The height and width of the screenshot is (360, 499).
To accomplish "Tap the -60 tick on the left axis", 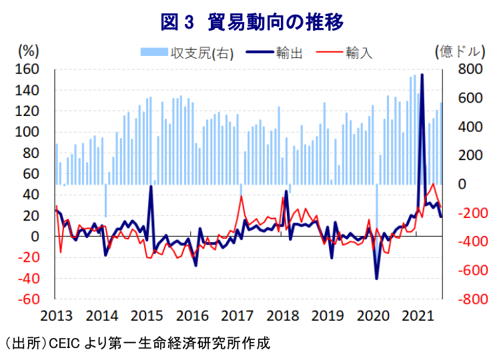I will point(29,299).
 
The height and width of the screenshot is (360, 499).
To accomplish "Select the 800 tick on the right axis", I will point(470,69).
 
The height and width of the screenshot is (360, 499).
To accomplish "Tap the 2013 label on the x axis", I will point(56,315).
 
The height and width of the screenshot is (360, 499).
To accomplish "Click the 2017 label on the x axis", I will point(237,315).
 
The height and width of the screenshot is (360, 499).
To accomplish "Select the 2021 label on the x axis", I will point(418,315).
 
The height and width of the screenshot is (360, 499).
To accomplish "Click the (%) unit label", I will point(30,51).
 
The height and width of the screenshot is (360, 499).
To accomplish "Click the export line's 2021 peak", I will point(422,75).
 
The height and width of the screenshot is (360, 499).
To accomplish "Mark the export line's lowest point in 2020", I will point(376,278).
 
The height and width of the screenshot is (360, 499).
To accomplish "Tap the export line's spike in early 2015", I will point(151,187).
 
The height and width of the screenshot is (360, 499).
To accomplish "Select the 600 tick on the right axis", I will point(470,98).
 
